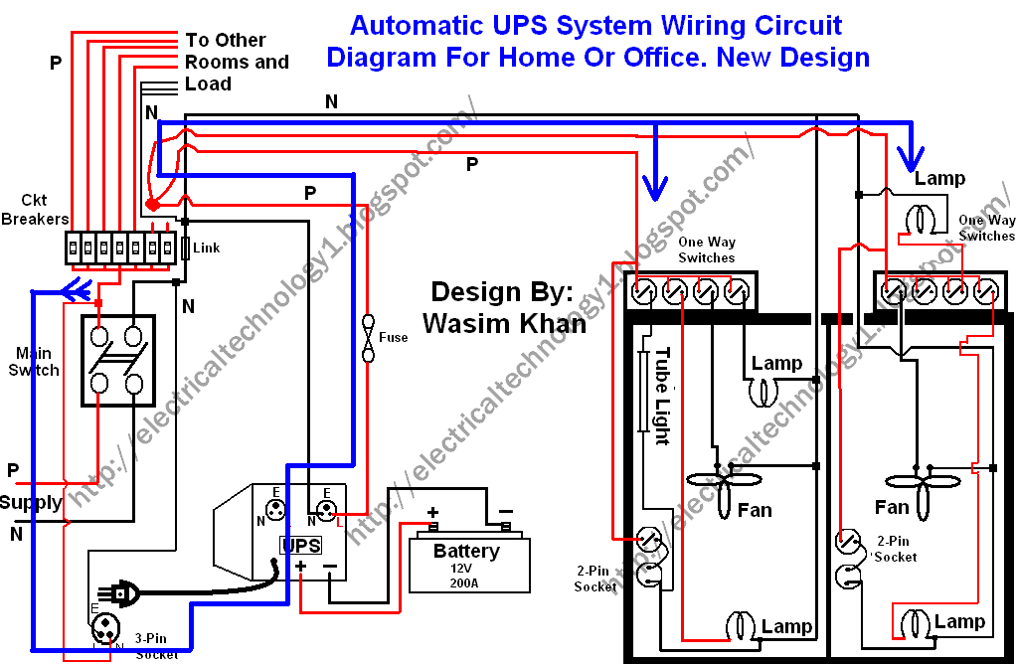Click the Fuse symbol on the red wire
[x=369, y=339]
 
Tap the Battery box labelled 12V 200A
[x=468, y=565]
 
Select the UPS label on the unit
[x=300, y=545]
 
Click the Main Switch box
[x=116, y=360]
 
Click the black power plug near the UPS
[x=124, y=593]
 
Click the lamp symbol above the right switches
[x=922, y=217]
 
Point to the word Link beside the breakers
[x=206, y=248]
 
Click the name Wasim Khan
[x=504, y=323]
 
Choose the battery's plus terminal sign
[x=432, y=514]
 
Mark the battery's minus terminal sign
[x=505, y=514]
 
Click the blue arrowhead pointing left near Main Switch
[x=69, y=291]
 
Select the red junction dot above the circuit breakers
[x=152, y=205]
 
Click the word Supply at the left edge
[x=31, y=502]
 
